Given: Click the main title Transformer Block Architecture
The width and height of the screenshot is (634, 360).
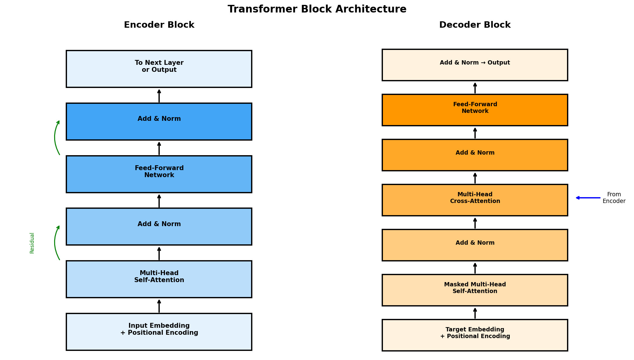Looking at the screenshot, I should coord(317,9).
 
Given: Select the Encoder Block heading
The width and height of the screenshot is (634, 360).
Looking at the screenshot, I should coord(159,25).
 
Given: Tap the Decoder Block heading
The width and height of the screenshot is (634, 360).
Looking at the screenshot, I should coord(475,25).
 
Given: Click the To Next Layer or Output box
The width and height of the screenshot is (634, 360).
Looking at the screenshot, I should coord(159,69).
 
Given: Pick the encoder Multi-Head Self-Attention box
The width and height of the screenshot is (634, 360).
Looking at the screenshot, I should coord(159,279).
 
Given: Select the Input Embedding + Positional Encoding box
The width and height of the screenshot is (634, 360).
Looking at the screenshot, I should coord(159,331).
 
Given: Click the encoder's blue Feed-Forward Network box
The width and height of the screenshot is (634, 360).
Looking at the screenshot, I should coord(159,174).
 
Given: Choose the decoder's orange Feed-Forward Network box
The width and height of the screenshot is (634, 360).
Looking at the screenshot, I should coord(475,110).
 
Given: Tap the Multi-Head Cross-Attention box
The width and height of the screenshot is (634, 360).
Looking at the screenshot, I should coord(475,200).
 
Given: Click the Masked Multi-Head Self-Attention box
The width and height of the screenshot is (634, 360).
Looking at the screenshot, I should coord(475,290).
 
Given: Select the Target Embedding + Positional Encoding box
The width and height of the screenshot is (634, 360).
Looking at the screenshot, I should coord(475,335).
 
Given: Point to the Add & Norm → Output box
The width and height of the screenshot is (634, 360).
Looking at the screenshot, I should coord(475,65).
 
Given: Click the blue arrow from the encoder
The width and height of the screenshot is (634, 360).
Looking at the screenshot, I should coord(588,198).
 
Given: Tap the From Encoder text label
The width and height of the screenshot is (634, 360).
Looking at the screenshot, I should coord(614,198).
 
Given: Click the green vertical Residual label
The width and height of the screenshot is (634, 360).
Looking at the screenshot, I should coord(32,243).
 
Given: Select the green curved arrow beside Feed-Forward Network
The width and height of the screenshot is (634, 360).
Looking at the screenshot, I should coord(55,138).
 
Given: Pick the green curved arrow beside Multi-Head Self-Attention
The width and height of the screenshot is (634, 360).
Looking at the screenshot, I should coord(55,243).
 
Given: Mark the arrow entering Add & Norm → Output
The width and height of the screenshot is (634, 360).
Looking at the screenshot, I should coord(475,88).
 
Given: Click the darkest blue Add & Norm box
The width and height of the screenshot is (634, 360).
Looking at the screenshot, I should coord(159,121).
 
